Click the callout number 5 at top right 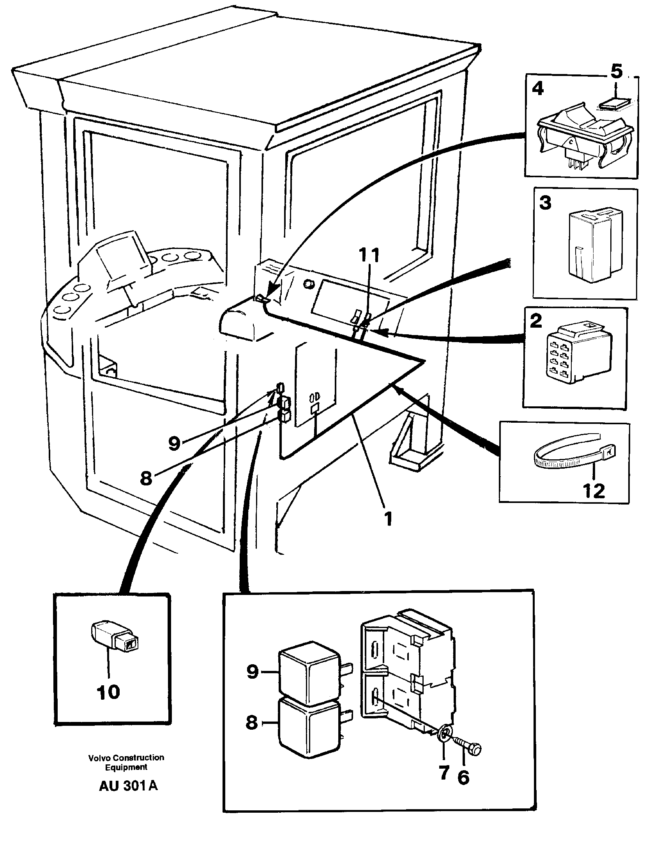(616, 72)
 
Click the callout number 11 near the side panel (368, 256)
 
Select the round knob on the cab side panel (309, 284)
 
